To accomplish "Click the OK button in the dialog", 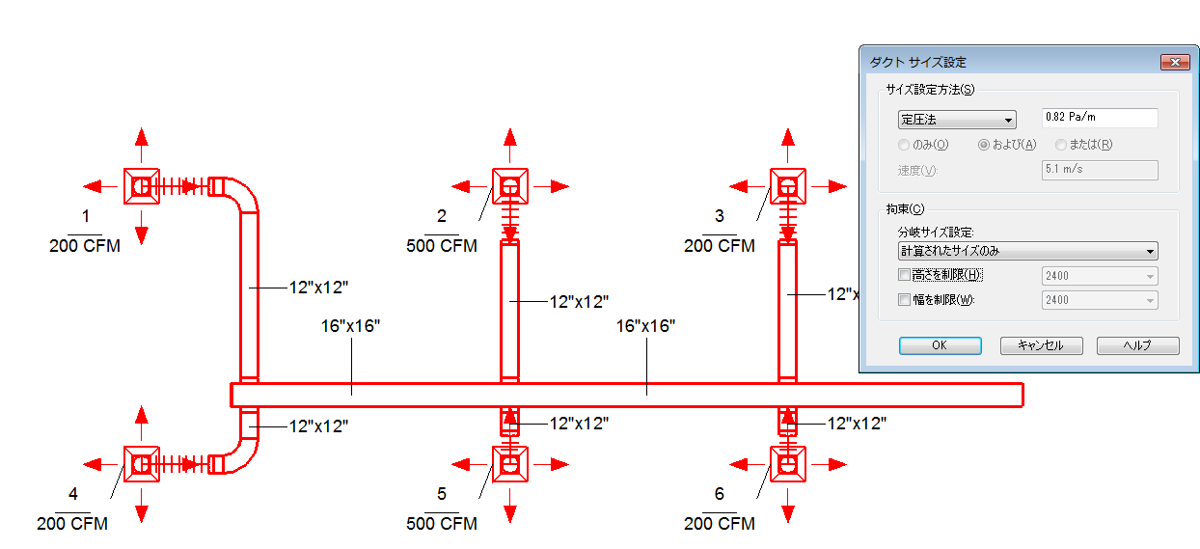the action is point(941,345).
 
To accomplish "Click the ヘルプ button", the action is point(1138,345).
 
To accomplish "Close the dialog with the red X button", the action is point(1175,62).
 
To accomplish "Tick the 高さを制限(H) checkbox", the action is point(904,275).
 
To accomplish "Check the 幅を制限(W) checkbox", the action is point(904,299).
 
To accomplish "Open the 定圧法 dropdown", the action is point(957,120).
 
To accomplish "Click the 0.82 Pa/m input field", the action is point(1100,118).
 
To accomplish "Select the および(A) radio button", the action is point(984,145).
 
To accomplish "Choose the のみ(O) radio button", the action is point(904,145).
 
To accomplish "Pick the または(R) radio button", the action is point(1061,145).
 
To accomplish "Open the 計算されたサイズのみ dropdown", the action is point(1027,251).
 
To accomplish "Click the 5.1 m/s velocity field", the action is point(1100,170).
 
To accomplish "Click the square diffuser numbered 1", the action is point(142,186).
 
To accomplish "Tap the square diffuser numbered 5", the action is point(510,464).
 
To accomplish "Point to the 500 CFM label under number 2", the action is point(442,246).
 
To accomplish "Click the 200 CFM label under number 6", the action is point(719,523).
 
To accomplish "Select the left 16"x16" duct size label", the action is point(350,326).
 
